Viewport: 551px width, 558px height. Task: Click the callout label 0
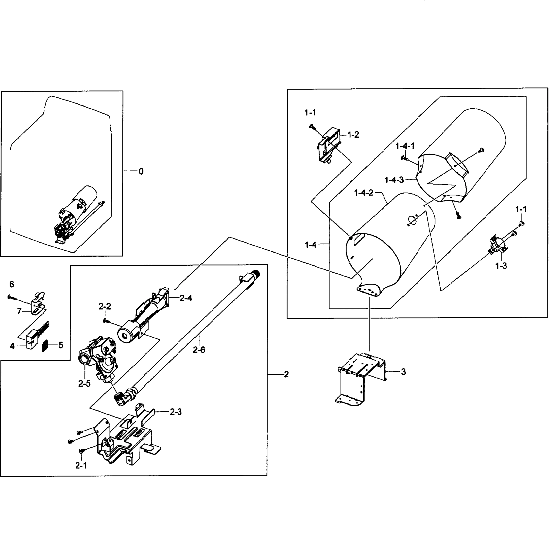tap(141, 172)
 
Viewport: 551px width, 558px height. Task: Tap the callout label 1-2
tap(353, 135)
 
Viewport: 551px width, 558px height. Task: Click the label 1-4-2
tap(364, 193)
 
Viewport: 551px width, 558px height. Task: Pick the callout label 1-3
tap(501, 266)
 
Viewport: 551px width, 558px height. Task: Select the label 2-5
tap(84, 384)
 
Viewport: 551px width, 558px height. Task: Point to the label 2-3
tap(176, 412)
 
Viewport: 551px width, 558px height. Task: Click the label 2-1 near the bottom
tap(81, 465)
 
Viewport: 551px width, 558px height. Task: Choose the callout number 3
tap(403, 372)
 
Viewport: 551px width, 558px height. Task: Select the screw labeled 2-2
tap(105, 320)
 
